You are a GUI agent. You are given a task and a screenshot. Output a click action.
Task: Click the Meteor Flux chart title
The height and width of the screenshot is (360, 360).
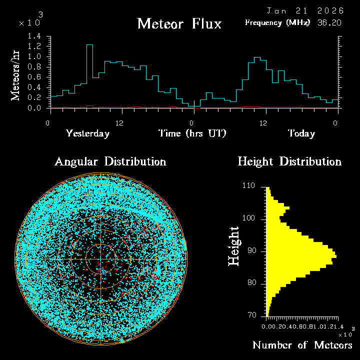tap(179, 23)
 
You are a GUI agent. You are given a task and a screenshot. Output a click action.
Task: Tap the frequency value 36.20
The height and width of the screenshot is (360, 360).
tap(328, 22)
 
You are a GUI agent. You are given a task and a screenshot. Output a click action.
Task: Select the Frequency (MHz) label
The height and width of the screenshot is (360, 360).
tap(277, 22)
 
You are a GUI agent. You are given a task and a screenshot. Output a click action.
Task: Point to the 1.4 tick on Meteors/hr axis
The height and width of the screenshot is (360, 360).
tap(34, 36)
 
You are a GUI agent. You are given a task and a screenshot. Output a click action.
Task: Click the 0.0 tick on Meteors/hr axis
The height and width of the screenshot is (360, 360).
tap(34, 108)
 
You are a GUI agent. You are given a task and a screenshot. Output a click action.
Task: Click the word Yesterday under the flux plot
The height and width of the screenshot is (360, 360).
tap(87, 133)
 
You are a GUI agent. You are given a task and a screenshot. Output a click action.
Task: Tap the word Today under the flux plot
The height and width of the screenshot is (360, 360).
tap(301, 133)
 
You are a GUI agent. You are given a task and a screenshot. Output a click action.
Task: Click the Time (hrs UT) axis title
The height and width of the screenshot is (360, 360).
tap(192, 133)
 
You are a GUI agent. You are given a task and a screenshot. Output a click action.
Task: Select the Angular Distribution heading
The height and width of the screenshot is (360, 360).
tap(110, 161)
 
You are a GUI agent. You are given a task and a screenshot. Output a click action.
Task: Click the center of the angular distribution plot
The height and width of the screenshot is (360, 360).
tap(101, 259)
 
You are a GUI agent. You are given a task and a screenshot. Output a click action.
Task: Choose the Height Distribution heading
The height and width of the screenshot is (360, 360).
tap(289, 161)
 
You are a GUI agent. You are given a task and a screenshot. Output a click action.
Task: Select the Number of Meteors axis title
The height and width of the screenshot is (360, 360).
tap(302, 345)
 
